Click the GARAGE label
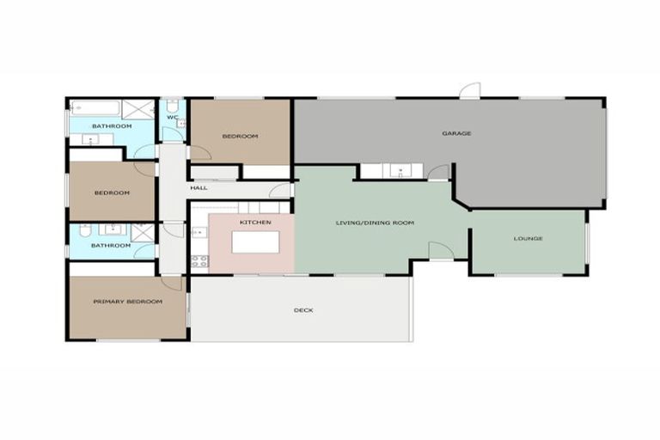(x=456, y=133)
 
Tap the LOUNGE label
(x=528, y=238)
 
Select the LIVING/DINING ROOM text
(x=375, y=223)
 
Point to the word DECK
(x=303, y=310)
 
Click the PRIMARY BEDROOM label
(x=128, y=302)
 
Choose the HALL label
(x=199, y=187)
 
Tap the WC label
(x=173, y=118)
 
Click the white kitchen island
(x=255, y=242)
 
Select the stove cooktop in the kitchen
(x=199, y=260)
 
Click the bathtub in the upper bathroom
(x=95, y=108)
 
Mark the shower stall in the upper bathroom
(x=137, y=109)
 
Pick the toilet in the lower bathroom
(x=84, y=231)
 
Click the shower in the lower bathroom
(x=142, y=232)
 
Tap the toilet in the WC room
(x=172, y=104)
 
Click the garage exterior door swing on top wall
(x=469, y=91)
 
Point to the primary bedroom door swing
(x=173, y=282)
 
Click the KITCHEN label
(x=255, y=223)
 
